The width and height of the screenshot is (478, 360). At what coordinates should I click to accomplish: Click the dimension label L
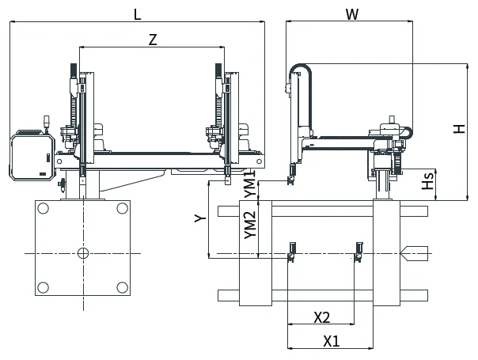pyautogui.click(x=138, y=14)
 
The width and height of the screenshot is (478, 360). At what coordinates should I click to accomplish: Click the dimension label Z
pyautogui.click(x=153, y=40)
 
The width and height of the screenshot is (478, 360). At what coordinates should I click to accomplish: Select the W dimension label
pyautogui.click(x=352, y=14)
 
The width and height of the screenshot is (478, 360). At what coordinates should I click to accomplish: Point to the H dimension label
pyautogui.click(x=459, y=129)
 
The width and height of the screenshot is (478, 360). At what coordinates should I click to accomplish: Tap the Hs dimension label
pyautogui.click(x=427, y=180)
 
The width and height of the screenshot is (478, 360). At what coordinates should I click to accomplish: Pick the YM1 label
pyautogui.click(x=250, y=184)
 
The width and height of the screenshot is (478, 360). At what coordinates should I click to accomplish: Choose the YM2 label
pyautogui.click(x=250, y=225)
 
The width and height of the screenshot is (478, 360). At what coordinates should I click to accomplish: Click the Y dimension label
pyautogui.click(x=200, y=218)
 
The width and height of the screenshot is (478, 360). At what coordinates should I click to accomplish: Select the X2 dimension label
pyautogui.click(x=322, y=317)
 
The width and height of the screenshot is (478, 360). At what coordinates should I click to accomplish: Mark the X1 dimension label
pyautogui.click(x=332, y=341)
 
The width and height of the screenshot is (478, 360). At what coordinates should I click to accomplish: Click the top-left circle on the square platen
pyautogui.click(x=43, y=209)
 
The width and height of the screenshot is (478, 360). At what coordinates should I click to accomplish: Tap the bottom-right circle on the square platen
pyautogui.click(x=122, y=287)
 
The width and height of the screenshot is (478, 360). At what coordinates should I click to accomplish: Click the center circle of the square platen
pyautogui.click(x=83, y=253)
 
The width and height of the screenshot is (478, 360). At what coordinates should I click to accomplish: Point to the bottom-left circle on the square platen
pyautogui.click(x=43, y=287)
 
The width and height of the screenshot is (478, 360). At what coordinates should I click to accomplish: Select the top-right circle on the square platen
pyautogui.click(x=122, y=209)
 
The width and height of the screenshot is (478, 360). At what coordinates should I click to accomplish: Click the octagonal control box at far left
pyautogui.click(x=32, y=157)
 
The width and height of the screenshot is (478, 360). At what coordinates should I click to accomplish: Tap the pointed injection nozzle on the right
pyautogui.click(x=414, y=253)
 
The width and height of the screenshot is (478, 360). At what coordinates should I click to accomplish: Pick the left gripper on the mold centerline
pyautogui.click(x=292, y=252)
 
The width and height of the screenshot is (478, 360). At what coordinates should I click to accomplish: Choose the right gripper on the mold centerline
pyautogui.click(x=358, y=252)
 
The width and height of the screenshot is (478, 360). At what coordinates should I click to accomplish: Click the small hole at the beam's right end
pyautogui.click(x=259, y=161)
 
